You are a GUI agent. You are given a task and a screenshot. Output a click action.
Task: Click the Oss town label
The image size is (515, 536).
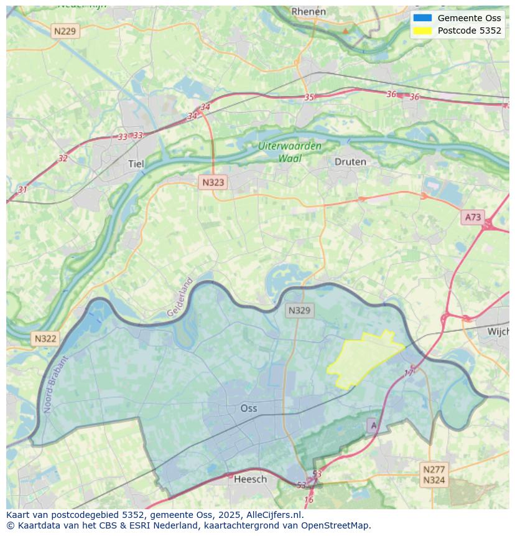[x=248, y=408]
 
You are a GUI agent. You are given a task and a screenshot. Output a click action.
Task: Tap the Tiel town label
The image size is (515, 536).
[x=136, y=164]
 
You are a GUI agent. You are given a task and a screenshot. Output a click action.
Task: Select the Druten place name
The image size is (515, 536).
[x=350, y=162]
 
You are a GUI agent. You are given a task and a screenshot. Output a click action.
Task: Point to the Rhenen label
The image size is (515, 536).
[x=309, y=11]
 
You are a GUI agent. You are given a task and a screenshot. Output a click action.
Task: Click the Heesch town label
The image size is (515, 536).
[x=250, y=479]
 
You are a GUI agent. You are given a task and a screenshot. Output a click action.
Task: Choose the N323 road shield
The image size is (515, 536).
[x=213, y=182]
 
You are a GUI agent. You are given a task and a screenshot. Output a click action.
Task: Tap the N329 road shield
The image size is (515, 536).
[x=300, y=310]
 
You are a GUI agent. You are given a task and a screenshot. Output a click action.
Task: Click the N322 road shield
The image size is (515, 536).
[x=45, y=339]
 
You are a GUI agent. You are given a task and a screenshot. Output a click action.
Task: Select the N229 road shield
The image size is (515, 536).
[x=65, y=31]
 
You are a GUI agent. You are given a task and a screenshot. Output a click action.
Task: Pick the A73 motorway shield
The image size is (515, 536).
[x=473, y=217]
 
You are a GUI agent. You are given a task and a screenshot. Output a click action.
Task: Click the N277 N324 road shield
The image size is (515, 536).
[x=434, y=474]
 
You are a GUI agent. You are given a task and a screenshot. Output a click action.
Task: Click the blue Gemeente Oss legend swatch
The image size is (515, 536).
[x=422, y=18]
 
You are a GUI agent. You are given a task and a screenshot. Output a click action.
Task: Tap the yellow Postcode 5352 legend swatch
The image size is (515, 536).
[x=422, y=31]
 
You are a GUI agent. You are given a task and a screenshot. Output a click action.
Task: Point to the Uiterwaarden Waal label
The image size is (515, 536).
[x=290, y=152]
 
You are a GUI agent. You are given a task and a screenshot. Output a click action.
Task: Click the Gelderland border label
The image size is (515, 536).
[x=180, y=298]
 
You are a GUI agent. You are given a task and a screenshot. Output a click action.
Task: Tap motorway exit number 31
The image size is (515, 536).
[x=22, y=189]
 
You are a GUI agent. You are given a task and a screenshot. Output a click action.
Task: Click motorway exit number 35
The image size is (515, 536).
[x=309, y=97]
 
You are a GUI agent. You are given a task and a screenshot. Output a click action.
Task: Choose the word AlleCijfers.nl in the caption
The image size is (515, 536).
[x=272, y=515]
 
